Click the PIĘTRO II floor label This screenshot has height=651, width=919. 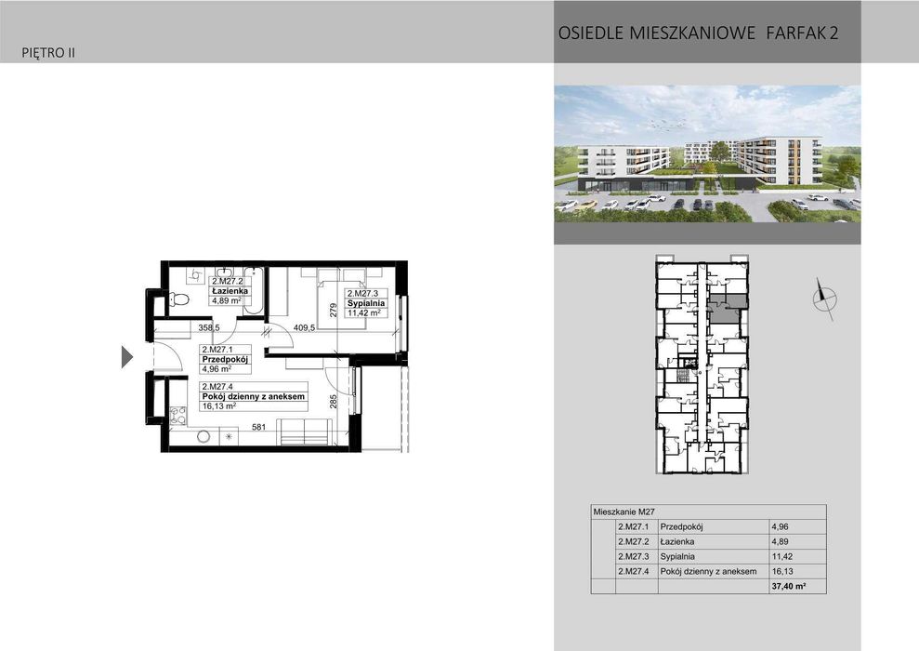coord(47,53)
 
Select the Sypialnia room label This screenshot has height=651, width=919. coord(364,303)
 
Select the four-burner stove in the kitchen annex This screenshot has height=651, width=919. coord(178,416)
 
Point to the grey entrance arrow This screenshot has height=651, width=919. coord(128,356)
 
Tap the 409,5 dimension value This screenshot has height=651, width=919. coord(306,327)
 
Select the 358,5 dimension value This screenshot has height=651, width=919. coord(209,327)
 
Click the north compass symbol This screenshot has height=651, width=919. coord(823,299)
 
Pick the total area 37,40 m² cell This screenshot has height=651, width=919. coord(788,587)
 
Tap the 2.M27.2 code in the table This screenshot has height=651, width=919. coord(635,541)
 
